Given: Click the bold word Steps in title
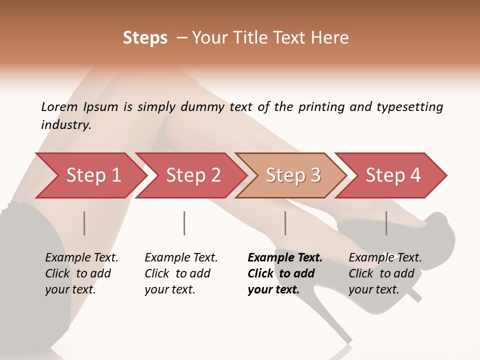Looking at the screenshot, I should coord(145,38).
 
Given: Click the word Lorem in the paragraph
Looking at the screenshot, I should coord(59,107).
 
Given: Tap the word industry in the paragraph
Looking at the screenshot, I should coord(66,125).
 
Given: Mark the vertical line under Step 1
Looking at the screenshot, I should coord(84,223).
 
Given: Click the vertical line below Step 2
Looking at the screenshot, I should coord(184,223).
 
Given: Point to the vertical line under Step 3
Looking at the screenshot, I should coord(285,223).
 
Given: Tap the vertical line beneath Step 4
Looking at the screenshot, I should coord(386,223).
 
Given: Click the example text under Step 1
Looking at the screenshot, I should coord(81,273).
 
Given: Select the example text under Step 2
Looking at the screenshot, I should coord(181,273).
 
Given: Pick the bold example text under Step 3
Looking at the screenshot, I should coord(285,273).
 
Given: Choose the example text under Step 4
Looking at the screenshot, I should coord(385,273).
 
